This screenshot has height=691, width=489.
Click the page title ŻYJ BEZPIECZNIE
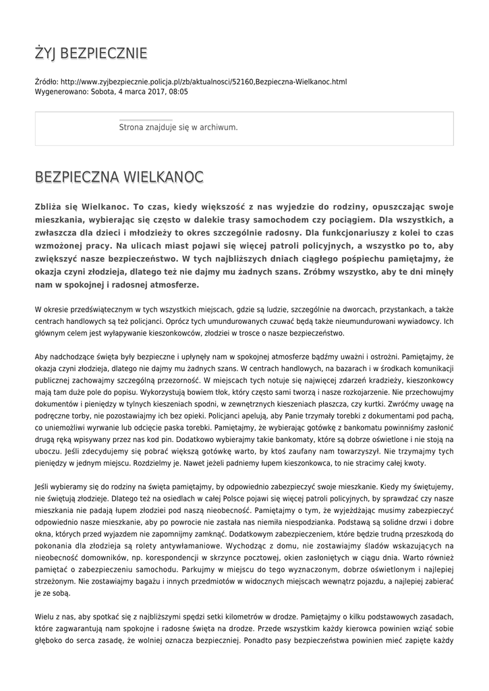[91, 53]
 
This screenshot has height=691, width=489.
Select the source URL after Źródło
[204, 82]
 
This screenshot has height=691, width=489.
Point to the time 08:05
[178, 91]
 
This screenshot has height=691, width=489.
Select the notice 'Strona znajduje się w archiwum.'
[178, 127]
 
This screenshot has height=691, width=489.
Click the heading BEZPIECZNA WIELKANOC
[119, 177]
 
